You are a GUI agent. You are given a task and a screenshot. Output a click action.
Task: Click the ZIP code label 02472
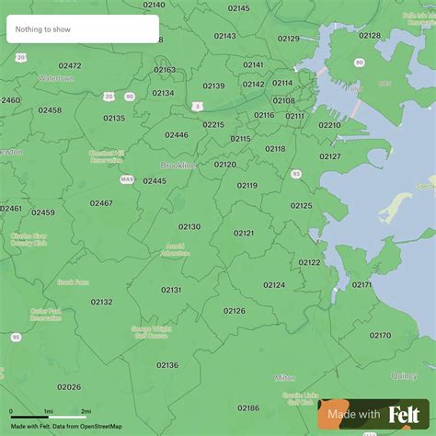click(x=69, y=65)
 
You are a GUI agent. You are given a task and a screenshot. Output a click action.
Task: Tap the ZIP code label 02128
click(x=370, y=35)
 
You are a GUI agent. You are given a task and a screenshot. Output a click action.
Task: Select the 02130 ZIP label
click(x=189, y=226)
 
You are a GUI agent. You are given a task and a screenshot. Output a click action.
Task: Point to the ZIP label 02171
click(x=361, y=284)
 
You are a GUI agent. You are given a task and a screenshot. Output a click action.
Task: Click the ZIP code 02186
click(x=248, y=407)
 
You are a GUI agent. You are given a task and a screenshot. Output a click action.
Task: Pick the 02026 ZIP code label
click(x=69, y=387)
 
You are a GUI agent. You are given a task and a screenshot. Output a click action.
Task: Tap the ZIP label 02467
click(x=101, y=203)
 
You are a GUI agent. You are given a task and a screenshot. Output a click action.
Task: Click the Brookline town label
click(x=178, y=165)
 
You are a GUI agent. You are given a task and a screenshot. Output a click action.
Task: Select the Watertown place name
click(x=58, y=79)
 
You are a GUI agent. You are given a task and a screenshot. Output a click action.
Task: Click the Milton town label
click(x=284, y=377)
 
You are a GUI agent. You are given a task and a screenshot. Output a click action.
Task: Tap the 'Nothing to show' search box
click(x=83, y=29)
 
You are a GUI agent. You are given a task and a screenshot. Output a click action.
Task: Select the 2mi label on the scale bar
click(x=86, y=411)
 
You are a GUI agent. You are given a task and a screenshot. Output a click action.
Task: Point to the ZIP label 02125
click(x=302, y=206)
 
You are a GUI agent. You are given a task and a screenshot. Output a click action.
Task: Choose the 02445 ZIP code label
click(x=155, y=181)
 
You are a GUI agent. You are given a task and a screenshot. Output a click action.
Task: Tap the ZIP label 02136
click(x=167, y=365)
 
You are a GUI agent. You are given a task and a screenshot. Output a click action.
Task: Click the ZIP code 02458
click(x=50, y=110)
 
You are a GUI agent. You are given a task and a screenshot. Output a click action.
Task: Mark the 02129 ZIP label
click(x=289, y=39)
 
